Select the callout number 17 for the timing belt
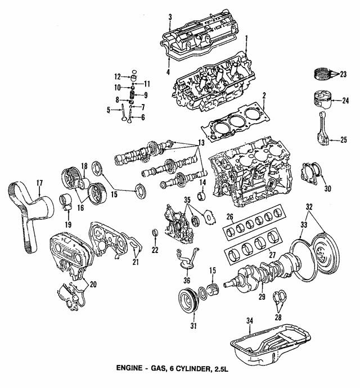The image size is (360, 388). (x=40, y=182)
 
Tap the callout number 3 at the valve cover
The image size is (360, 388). (x=170, y=16)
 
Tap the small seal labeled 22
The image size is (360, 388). (x=155, y=233)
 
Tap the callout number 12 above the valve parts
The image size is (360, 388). (x=118, y=76)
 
